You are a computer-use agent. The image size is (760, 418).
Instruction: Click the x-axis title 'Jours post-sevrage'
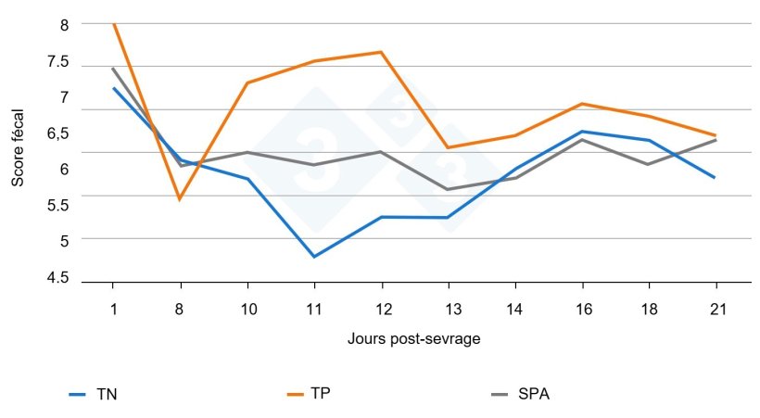pos(414,339)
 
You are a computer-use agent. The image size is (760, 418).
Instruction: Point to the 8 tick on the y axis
pos(64,25)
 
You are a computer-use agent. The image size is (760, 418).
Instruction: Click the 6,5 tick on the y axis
pos(57,133)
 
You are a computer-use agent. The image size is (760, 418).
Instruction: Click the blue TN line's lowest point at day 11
pos(314,257)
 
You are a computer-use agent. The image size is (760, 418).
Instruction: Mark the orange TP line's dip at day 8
pos(180,199)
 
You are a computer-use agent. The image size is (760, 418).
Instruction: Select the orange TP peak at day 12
pos(381,52)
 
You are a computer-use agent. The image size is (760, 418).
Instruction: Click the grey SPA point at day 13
pos(448,190)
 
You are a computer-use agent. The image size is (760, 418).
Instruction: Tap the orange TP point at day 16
pos(581,104)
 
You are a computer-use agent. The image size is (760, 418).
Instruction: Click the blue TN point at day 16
pos(581,132)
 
